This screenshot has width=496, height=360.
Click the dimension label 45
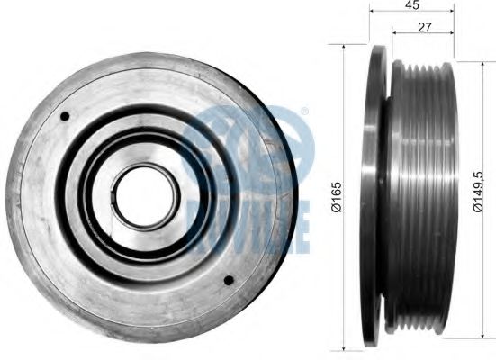[412, 4]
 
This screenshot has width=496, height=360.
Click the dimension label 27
[425, 28]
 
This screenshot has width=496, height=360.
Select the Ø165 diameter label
[337, 196]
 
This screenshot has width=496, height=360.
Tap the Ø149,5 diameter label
[477, 192]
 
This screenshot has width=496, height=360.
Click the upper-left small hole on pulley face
[65, 116]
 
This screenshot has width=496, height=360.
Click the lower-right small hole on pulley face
[229, 280]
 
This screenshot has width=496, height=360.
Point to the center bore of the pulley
[146, 196]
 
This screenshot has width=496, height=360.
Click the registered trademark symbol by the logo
[304, 112]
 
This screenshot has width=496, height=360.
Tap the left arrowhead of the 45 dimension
[373, 11]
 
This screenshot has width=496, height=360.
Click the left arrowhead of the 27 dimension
[395, 32]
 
